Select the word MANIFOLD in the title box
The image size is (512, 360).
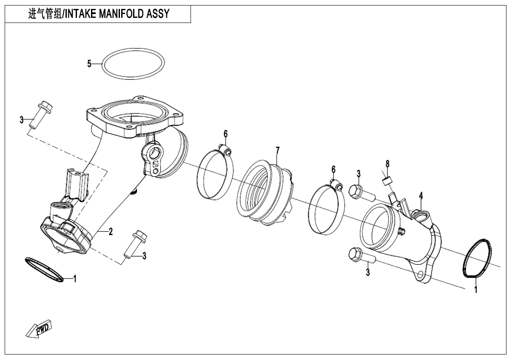click(x=121, y=14)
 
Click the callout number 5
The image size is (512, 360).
click(x=89, y=64)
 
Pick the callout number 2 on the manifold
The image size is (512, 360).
click(x=111, y=232)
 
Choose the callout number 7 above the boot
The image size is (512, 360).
click(x=278, y=150)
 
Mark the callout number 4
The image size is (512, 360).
click(x=421, y=196)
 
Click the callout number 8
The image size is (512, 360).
click(x=387, y=164)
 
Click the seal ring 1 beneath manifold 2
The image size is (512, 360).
click(x=45, y=269)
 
